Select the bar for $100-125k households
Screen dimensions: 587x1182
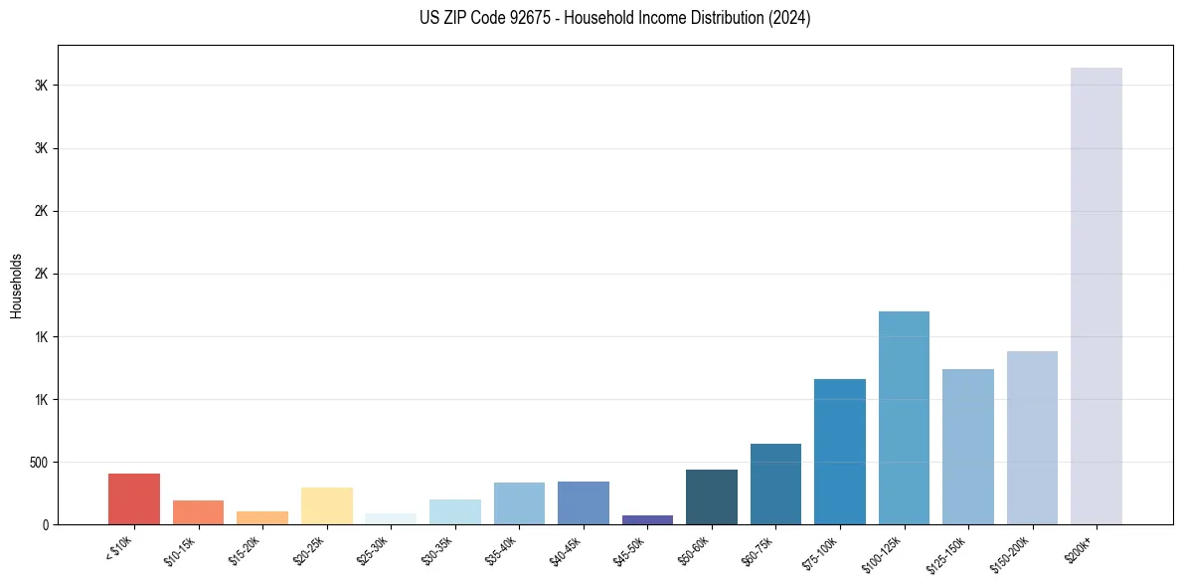[x=904, y=418]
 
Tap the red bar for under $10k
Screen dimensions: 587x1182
[x=134, y=498]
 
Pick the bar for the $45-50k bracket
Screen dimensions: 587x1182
[x=647, y=519]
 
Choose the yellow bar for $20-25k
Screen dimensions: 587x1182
[x=326, y=505]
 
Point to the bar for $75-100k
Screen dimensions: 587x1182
[x=839, y=452]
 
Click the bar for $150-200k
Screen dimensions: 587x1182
[x=1032, y=438]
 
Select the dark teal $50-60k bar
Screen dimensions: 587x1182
[x=711, y=496]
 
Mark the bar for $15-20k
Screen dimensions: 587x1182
[x=262, y=517]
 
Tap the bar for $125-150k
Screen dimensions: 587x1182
[x=967, y=447]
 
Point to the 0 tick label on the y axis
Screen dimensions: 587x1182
[x=46, y=524]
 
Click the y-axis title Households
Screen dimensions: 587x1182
[x=17, y=285]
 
